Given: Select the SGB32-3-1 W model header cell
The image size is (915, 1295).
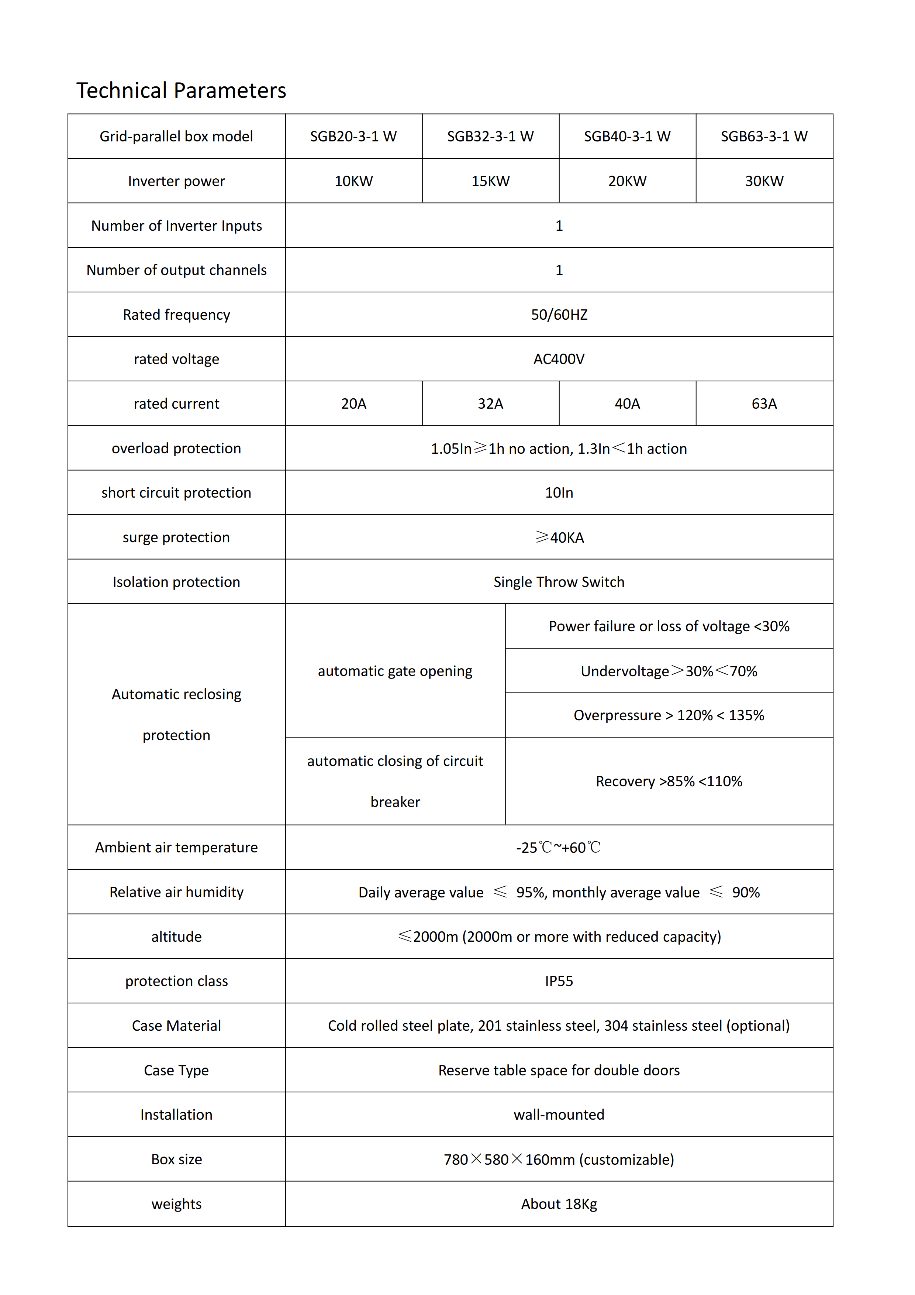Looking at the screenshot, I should [490, 137].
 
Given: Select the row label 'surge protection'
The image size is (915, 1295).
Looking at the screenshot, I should [176, 537].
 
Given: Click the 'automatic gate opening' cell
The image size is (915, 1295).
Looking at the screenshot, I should [395, 671].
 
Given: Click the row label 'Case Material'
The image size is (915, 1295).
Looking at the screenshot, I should [176, 1026].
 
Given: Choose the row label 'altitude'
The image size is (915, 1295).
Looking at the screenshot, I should [176, 937].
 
